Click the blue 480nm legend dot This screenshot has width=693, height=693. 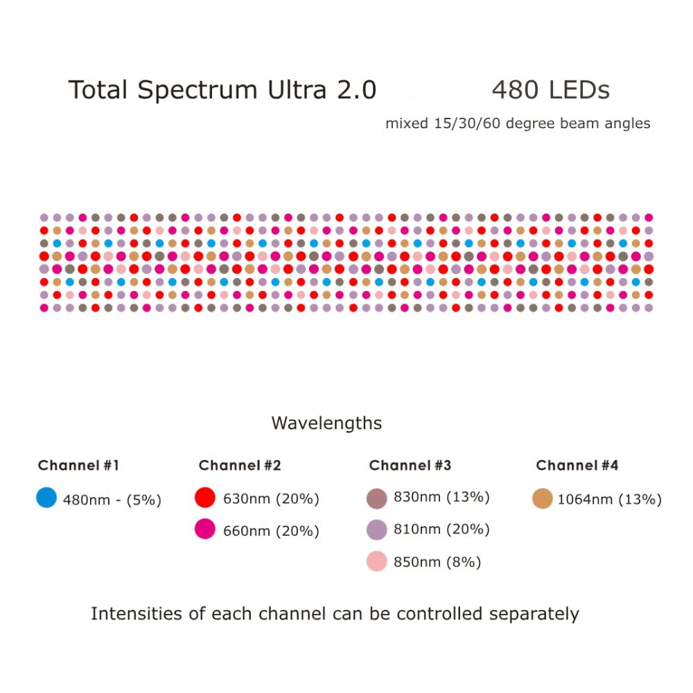(x=46, y=498)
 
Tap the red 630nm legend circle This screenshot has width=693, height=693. (x=205, y=498)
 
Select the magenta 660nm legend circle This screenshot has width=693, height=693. (x=205, y=530)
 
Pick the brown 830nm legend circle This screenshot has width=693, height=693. (x=376, y=498)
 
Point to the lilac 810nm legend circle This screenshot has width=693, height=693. (x=376, y=529)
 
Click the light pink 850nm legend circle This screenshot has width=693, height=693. (x=376, y=561)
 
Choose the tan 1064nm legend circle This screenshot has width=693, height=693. (x=543, y=498)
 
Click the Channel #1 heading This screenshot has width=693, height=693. (x=78, y=466)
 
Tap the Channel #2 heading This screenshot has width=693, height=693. (x=240, y=466)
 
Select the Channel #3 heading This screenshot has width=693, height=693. (x=410, y=466)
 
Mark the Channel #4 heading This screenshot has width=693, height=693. (x=577, y=466)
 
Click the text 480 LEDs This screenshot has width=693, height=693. (x=550, y=91)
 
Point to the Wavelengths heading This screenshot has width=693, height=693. (x=326, y=423)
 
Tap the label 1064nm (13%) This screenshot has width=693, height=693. (x=610, y=499)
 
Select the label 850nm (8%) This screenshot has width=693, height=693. (x=437, y=562)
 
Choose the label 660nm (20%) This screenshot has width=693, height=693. (x=271, y=532)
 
